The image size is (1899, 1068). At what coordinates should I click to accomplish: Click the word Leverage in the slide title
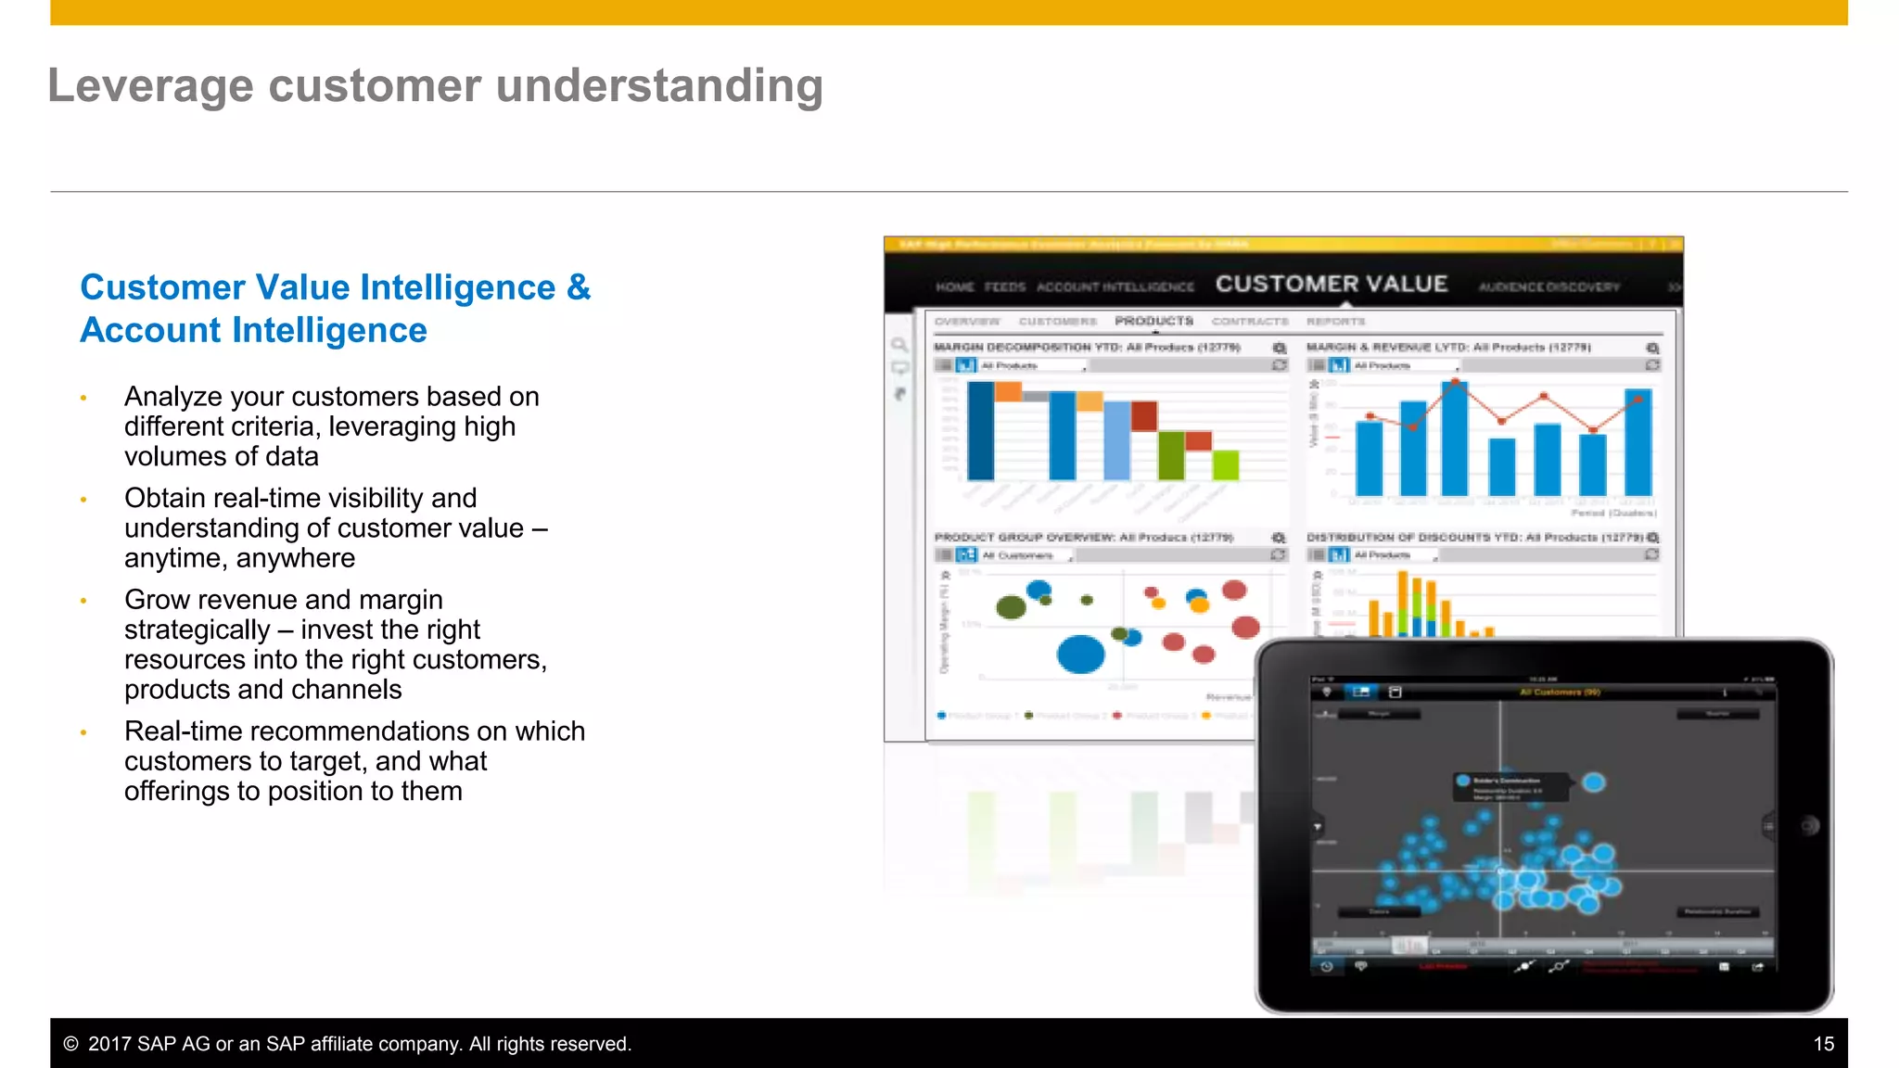point(149,86)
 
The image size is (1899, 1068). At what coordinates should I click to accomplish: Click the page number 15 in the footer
point(1823,1044)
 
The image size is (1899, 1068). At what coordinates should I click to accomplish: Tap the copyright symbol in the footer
point(70,1044)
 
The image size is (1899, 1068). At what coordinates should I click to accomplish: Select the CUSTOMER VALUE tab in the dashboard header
point(1331,284)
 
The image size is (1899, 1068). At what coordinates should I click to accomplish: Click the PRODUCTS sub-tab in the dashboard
point(1153,321)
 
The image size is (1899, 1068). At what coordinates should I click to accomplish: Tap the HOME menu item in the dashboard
point(954,287)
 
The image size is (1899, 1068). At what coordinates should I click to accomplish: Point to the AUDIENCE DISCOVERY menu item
point(1549,287)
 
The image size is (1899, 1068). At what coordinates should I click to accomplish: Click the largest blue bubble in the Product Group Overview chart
point(1080,655)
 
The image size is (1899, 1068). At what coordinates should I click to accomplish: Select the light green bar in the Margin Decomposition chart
point(1225,464)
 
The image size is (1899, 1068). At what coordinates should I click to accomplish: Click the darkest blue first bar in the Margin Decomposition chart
point(980,430)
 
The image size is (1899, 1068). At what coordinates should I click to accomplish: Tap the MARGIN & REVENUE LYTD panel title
point(1447,347)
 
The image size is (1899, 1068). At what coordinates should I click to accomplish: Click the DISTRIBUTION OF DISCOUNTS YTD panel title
point(1474,537)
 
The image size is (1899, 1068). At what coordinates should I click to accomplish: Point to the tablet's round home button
point(1809,826)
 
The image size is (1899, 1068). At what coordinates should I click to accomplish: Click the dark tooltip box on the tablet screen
point(1510,787)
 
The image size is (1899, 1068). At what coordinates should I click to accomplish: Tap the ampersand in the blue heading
point(578,287)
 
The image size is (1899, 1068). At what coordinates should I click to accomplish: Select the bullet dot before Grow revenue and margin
point(83,601)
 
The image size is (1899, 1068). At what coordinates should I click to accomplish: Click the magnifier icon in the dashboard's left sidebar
point(899,345)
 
